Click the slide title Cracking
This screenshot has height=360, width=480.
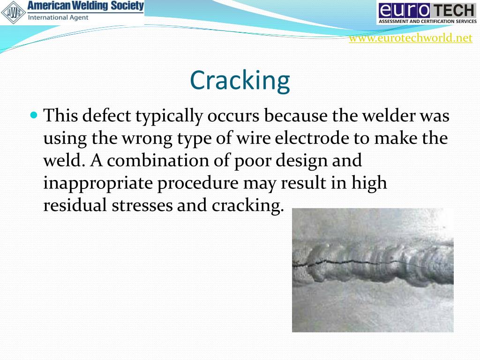[x=240, y=80]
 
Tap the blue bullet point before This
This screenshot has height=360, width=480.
[x=33, y=114]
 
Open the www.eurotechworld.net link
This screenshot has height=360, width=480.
[x=410, y=38]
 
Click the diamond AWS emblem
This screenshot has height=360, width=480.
[x=12, y=13]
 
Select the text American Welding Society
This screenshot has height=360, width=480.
[x=85, y=6]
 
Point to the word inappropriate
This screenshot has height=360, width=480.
[x=98, y=183]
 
